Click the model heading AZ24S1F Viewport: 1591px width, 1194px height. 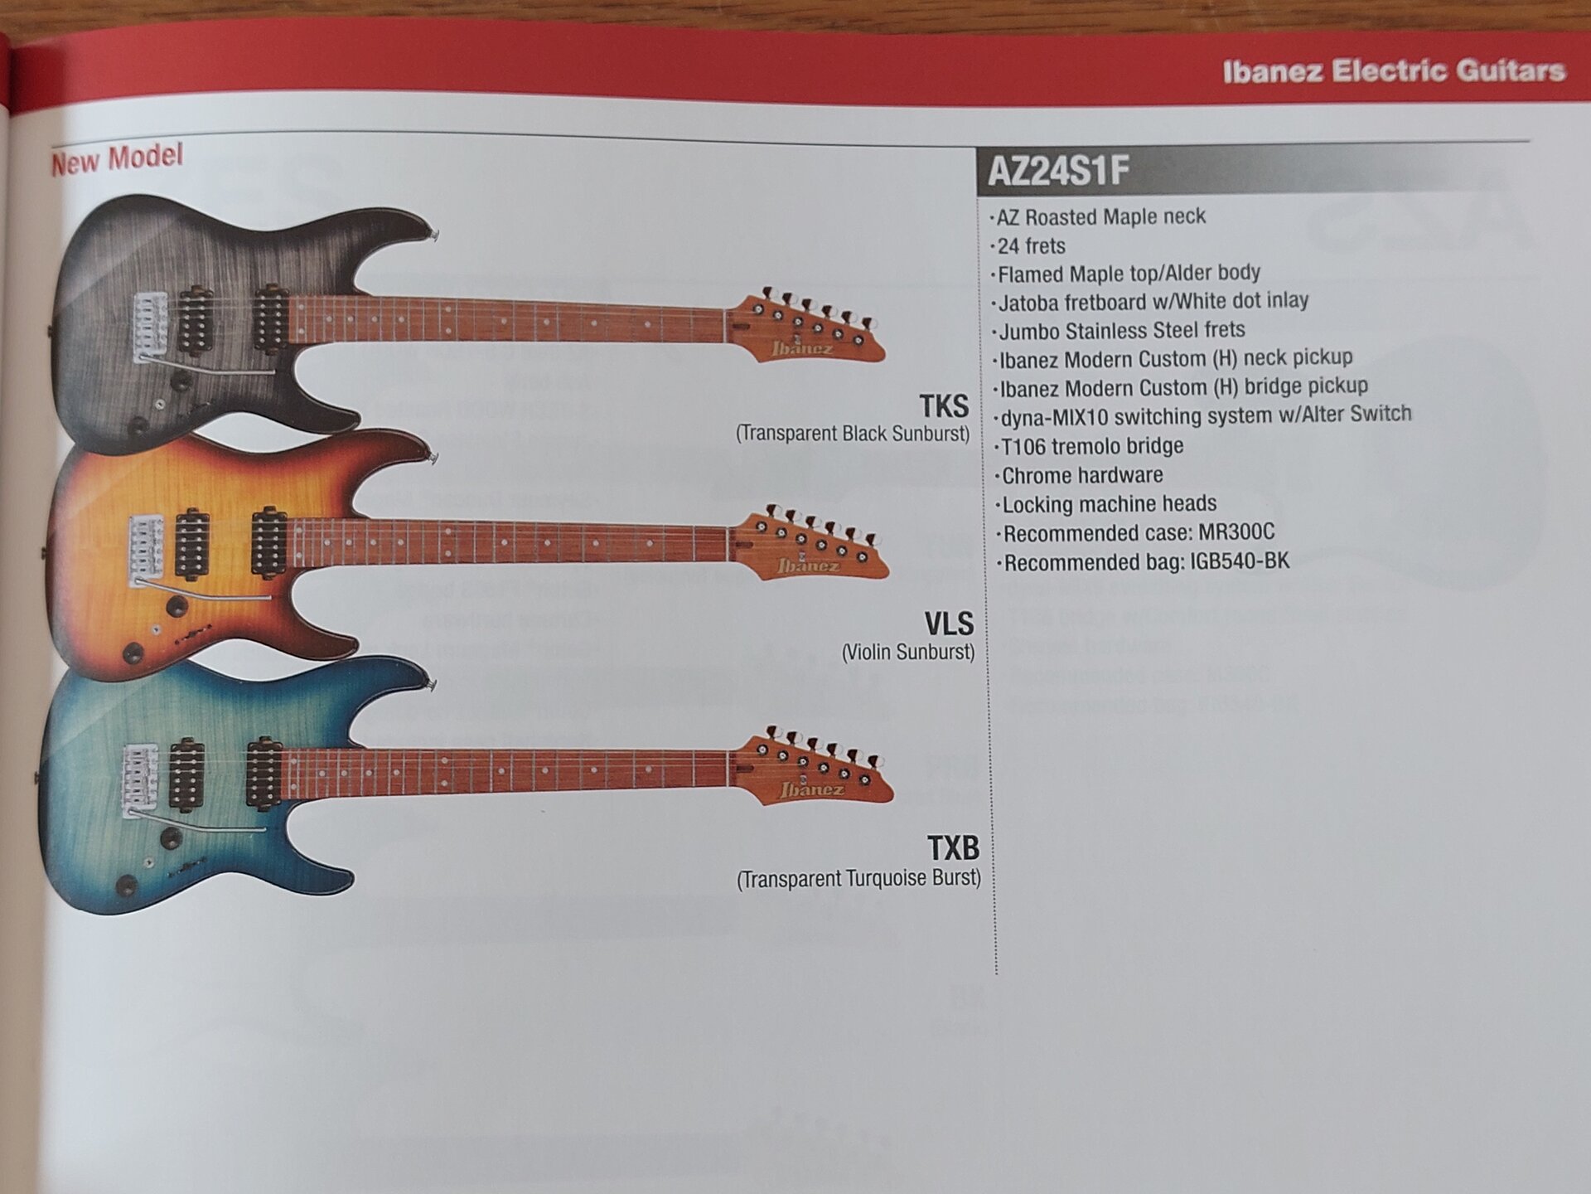click(x=1058, y=172)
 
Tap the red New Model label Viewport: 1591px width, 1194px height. click(x=117, y=158)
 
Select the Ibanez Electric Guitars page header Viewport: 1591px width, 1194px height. click(x=1394, y=71)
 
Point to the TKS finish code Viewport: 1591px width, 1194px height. click(x=944, y=406)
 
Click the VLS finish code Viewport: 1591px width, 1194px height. click(x=949, y=624)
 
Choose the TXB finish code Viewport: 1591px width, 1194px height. click(x=953, y=848)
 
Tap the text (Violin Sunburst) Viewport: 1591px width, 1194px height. click(x=908, y=653)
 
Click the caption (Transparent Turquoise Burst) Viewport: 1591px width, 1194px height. click(x=858, y=879)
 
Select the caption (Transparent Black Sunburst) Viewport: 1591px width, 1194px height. click(x=853, y=434)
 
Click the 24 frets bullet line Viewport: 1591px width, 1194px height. click(x=1032, y=246)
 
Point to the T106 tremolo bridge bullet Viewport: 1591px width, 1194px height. click(x=1092, y=447)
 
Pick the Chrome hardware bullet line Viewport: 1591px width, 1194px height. click(x=1082, y=476)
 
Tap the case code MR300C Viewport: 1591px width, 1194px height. click(x=1236, y=531)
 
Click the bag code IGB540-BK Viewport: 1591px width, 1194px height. click(x=1240, y=561)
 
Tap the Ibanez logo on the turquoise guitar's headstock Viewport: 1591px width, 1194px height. click(x=811, y=789)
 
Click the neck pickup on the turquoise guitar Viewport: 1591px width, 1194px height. click(x=264, y=774)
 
